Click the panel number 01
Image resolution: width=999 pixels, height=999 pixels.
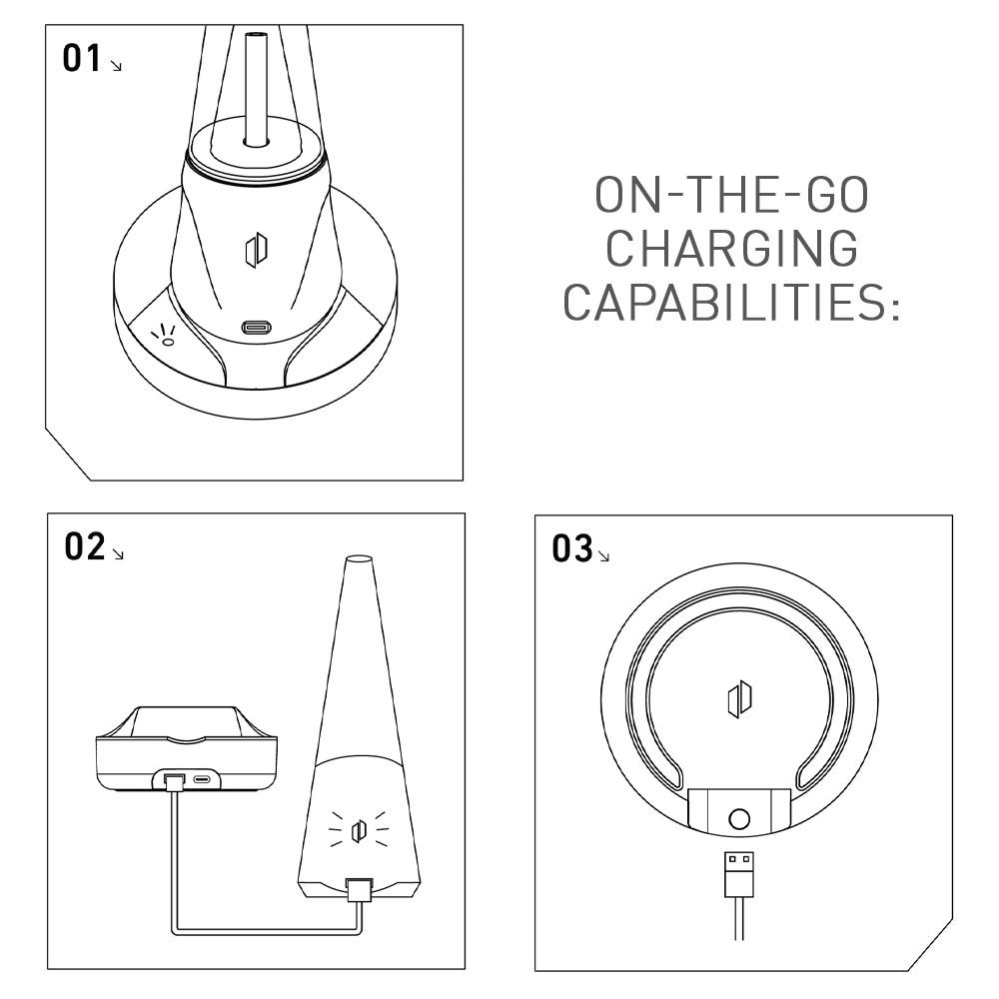point(82,58)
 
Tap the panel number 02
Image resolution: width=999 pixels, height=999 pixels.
point(84,546)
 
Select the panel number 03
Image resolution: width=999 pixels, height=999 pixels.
point(572,549)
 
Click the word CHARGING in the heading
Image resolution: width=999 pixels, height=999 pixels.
point(732,249)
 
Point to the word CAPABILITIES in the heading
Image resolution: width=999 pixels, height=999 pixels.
point(731,302)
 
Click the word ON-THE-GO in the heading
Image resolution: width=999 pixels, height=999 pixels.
point(732,195)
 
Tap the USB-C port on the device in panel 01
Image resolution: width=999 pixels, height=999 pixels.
point(256,328)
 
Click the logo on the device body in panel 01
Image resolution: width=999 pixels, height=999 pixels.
point(256,251)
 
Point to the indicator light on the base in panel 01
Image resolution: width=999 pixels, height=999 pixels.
point(168,342)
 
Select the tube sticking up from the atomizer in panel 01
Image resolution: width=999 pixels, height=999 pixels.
point(256,86)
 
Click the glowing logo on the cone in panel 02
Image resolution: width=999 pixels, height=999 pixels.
point(360,830)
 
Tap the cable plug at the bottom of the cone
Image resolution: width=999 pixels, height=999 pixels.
point(359,889)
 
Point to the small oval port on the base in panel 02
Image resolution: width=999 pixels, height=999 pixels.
point(203,779)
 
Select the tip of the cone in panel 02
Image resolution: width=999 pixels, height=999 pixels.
point(358,558)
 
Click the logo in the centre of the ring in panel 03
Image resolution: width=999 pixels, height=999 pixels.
point(739,699)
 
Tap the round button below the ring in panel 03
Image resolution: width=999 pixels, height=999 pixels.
point(739,819)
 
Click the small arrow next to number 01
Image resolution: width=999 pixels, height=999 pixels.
point(116,65)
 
